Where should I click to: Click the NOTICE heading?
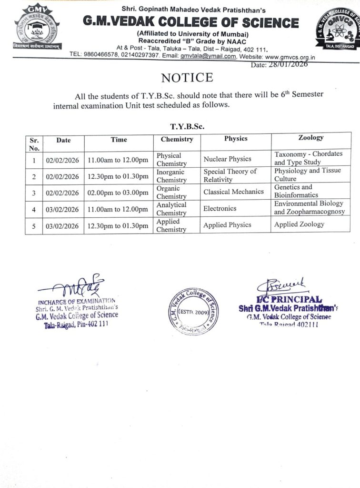187,78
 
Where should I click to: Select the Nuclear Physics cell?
227,159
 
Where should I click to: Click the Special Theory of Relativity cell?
230,175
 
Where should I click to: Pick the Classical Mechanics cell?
233,192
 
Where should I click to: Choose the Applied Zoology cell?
299,224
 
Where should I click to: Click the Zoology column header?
310,138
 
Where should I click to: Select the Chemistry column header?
177,140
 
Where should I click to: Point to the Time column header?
119,140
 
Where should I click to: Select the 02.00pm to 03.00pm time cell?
118,193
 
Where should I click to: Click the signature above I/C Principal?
281,287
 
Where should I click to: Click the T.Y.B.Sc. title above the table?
187,127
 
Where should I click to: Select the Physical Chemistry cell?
171,160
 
